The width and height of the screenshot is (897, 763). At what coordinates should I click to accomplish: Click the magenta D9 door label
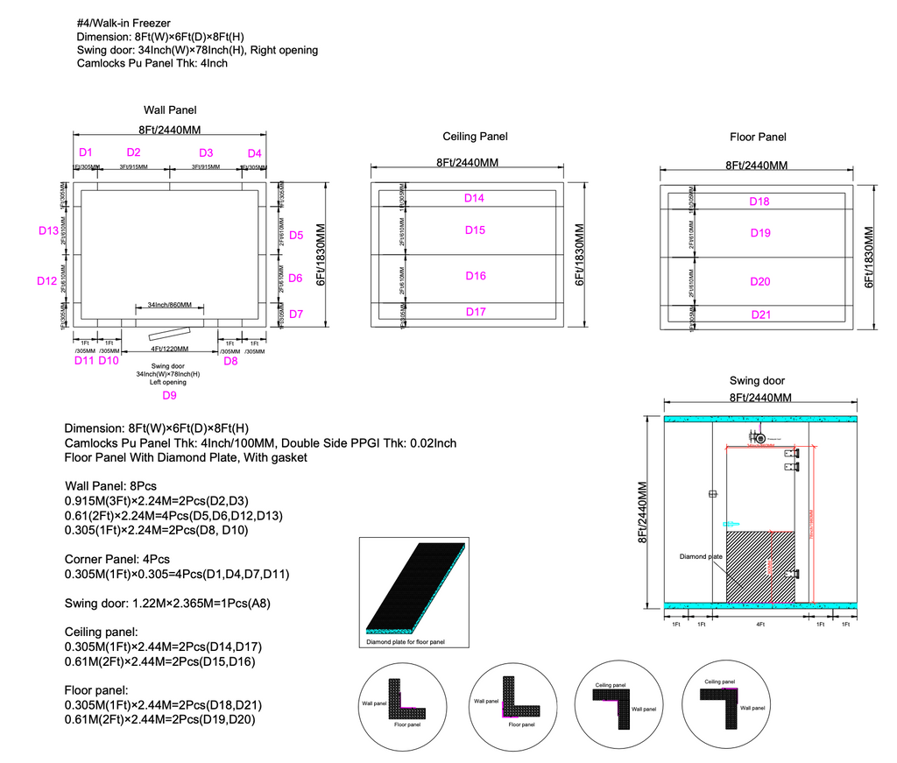pos(170,395)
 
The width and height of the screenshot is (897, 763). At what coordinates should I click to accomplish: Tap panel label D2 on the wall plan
pos(133,152)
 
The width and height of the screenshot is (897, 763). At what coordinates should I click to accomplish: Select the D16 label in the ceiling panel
pos(476,276)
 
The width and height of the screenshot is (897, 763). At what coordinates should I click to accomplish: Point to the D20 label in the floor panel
pos(760,281)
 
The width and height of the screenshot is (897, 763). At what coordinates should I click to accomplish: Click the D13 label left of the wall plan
pos(48,230)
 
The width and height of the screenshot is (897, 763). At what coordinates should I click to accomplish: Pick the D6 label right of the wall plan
pos(296,278)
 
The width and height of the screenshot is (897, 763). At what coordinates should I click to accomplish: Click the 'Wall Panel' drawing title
pos(170,110)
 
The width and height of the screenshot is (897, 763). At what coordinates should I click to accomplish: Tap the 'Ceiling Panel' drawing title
pos(476,137)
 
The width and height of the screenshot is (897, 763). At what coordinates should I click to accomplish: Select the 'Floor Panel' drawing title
pos(759,137)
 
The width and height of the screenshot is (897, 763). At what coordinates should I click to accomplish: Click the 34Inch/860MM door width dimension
pos(170,305)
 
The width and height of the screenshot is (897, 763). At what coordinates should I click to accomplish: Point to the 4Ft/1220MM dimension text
pos(170,350)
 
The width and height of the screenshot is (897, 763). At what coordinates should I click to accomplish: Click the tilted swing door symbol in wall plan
pos(168,334)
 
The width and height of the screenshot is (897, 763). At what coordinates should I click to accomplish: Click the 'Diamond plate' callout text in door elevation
pos(701,556)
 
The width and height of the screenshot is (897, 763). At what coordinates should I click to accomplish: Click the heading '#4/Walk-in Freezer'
pos(123,23)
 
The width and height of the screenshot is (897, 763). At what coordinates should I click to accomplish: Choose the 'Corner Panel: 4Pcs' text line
pos(117,559)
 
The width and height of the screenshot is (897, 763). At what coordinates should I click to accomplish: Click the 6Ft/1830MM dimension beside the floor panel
pos(869,257)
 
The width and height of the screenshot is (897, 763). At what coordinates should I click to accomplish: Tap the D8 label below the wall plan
pos(230,360)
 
